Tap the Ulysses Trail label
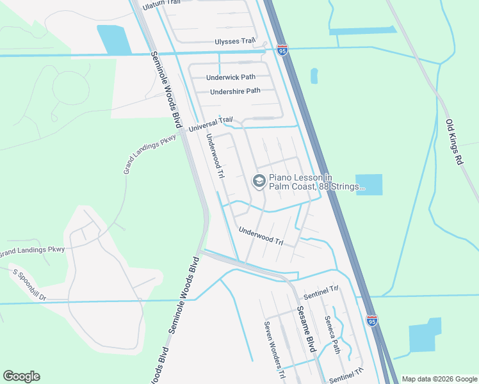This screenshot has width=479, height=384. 235,42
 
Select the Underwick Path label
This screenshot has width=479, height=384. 231,77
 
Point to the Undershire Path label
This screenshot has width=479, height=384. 235,91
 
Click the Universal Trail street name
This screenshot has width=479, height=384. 210,124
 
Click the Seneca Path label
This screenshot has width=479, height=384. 332,335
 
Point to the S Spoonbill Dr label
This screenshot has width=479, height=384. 30,284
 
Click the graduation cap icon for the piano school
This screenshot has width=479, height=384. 259,182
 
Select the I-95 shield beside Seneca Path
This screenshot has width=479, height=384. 372,321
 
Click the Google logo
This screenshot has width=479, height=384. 21,376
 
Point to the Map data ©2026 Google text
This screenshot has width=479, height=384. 439,379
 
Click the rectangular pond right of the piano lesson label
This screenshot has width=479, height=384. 368,184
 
